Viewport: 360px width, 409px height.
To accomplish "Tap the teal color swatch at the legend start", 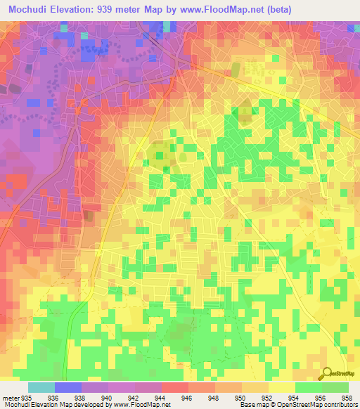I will pos(41,387).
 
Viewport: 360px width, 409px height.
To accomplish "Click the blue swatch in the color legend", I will pos(68,387).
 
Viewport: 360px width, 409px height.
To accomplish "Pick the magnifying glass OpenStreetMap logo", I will pos(328,375).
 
